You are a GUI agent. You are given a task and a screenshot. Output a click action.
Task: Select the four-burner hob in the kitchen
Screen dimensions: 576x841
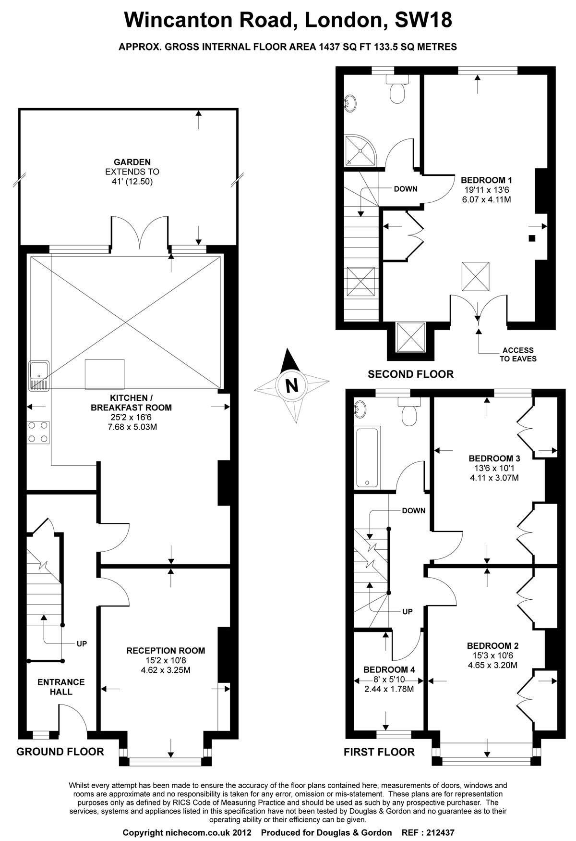pos(38,432)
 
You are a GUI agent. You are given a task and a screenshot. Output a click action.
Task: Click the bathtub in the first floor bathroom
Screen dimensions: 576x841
pos(367,457)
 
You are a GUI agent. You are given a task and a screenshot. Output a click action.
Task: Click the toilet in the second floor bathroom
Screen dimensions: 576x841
pos(397,89)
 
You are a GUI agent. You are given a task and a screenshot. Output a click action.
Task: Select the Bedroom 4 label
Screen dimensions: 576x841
pos(389,669)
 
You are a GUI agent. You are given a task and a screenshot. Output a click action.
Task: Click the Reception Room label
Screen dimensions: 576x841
pos(166,651)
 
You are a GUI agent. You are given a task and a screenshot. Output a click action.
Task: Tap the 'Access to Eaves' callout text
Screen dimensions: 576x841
pos(518,355)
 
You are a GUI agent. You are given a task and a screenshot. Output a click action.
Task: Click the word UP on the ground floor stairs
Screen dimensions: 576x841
pos(82,643)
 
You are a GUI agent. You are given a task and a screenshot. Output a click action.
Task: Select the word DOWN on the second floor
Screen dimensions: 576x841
pos(406,189)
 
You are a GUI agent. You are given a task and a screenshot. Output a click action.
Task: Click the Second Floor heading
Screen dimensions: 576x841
pos(410,374)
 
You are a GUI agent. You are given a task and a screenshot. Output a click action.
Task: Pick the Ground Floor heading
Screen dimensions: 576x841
pos(60,752)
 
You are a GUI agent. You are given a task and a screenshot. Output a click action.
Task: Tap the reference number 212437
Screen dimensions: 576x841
pos(438,832)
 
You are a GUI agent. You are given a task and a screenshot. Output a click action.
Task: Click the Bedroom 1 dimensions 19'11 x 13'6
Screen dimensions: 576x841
pos(487,189)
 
